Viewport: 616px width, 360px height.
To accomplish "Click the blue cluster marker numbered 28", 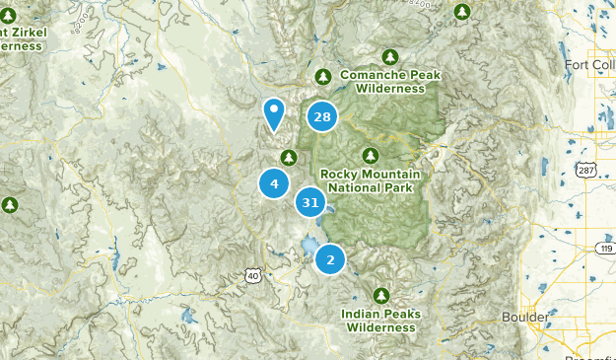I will [x=321, y=117].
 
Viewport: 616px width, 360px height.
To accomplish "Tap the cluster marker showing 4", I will [x=274, y=183].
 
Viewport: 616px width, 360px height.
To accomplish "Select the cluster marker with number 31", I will [x=310, y=202].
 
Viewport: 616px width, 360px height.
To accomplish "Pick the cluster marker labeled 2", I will [x=330, y=260].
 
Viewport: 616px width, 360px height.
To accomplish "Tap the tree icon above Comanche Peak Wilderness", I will [x=322, y=77].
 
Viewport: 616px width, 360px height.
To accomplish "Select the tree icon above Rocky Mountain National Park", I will [x=370, y=156].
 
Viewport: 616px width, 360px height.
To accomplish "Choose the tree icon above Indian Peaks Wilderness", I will [x=382, y=295].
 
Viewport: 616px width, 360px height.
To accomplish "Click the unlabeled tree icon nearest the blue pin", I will [x=289, y=158].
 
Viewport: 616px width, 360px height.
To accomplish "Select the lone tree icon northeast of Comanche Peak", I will [x=462, y=12].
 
